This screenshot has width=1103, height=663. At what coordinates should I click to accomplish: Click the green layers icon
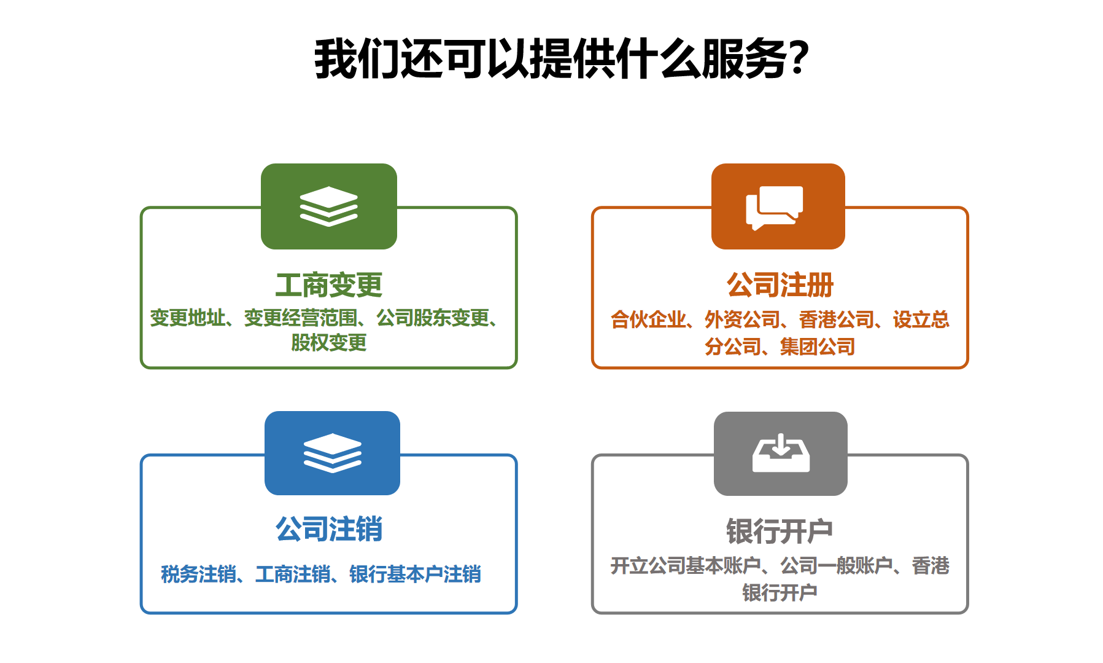[328, 206]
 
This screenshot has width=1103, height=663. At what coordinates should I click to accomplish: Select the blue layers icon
[332, 453]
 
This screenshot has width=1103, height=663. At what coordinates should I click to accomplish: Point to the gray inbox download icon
[781, 453]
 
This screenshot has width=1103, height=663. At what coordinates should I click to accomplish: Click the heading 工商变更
[329, 285]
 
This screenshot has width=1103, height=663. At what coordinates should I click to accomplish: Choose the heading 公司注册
[780, 285]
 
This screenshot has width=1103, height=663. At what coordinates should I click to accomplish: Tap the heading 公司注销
[329, 529]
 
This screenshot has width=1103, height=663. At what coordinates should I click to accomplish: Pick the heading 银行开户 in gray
[780, 532]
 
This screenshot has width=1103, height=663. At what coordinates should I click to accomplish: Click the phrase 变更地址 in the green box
[188, 318]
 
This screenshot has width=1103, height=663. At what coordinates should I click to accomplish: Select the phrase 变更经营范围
[301, 318]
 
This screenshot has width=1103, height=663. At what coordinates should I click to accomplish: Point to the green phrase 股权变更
[329, 342]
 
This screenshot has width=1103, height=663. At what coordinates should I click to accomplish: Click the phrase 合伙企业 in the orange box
[648, 320]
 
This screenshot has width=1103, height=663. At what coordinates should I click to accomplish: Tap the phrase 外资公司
[743, 320]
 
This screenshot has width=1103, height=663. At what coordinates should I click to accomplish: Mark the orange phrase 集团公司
[818, 347]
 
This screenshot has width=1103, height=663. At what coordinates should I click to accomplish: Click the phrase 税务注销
[199, 574]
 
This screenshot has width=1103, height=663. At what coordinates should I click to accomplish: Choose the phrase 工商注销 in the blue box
[293, 574]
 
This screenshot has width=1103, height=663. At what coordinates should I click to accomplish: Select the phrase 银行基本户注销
[416, 574]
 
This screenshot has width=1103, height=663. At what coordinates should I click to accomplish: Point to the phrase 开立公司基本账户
[686, 565]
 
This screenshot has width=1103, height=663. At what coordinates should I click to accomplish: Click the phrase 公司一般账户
[837, 565]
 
